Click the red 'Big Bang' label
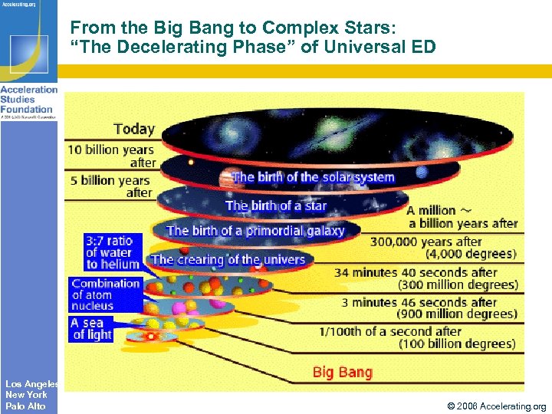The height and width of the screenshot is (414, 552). [x=342, y=373]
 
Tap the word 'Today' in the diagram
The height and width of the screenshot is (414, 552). [x=134, y=129]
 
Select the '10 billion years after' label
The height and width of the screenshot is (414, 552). [x=112, y=156]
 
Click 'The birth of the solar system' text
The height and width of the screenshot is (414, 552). [x=313, y=177]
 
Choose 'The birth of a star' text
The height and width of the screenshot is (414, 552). [x=275, y=205]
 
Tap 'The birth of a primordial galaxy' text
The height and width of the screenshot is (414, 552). [x=255, y=230]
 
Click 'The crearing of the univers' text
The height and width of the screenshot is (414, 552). [x=228, y=259]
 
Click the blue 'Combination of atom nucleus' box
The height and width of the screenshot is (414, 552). [x=106, y=294]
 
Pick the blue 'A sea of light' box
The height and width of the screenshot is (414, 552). [x=91, y=329]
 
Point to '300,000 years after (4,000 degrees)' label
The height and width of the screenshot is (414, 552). [x=443, y=248]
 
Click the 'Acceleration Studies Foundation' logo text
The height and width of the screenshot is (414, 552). [x=28, y=100]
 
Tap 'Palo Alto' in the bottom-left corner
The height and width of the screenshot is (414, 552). [x=25, y=406]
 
